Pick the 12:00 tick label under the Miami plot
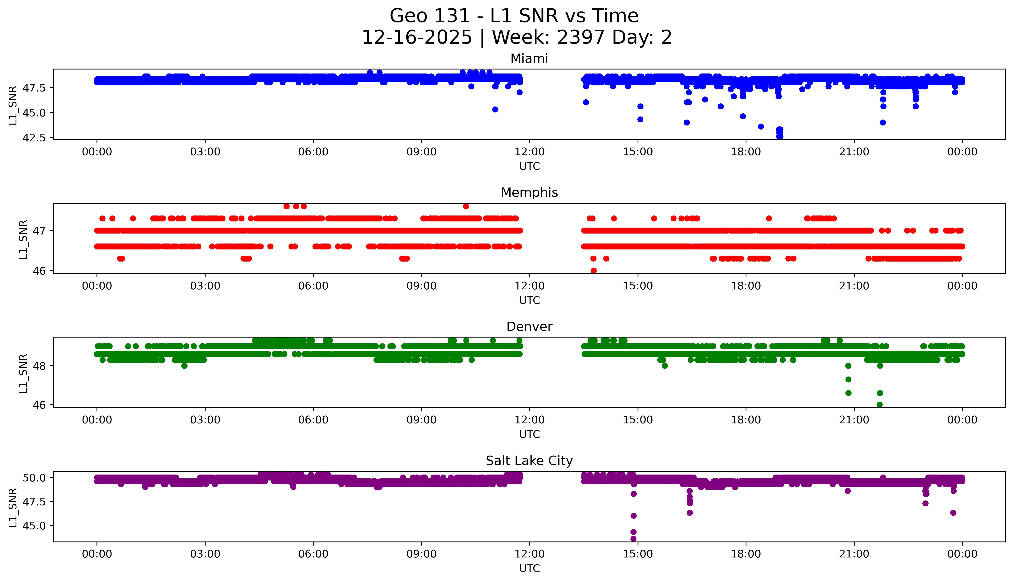529,152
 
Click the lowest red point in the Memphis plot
594,271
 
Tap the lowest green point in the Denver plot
879,405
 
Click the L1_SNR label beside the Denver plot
23,373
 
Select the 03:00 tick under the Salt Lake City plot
205,554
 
